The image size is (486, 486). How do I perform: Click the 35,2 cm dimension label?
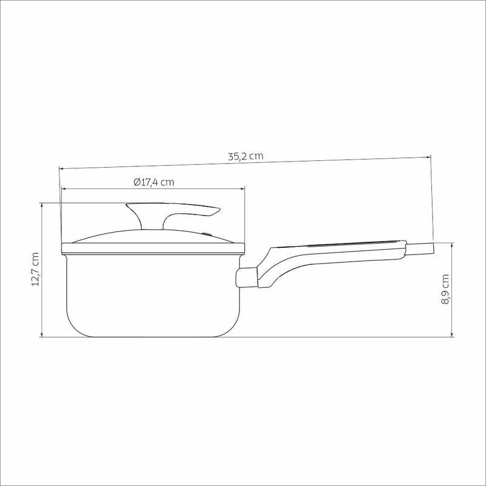(245, 156)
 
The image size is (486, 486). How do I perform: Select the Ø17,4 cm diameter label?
(154, 182)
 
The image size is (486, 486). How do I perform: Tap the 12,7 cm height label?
(35, 269)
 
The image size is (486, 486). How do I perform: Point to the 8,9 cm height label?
(445, 289)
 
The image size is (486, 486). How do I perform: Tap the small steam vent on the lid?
(205, 234)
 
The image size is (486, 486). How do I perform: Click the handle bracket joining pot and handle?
(247, 278)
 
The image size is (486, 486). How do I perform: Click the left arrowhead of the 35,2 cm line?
(61, 169)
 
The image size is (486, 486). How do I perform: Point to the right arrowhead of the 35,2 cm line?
(428, 157)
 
